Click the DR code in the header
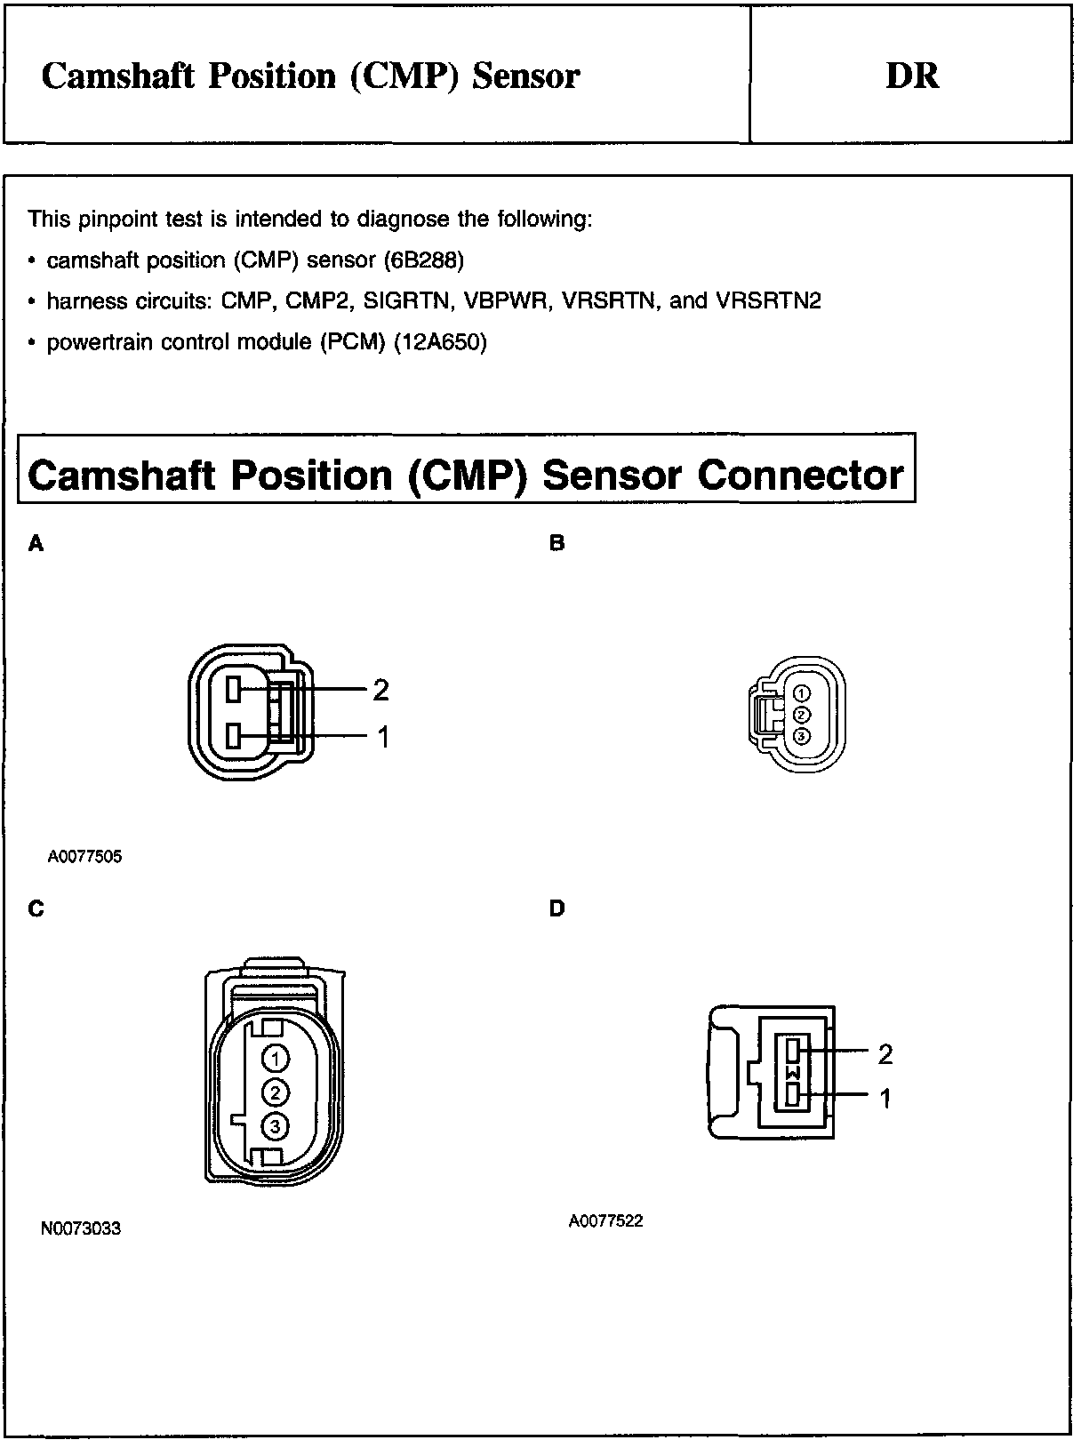click(x=912, y=76)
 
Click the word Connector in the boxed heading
click(x=800, y=475)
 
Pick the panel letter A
click(x=36, y=543)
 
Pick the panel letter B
click(x=557, y=543)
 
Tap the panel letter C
click(x=36, y=908)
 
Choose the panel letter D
click(x=557, y=908)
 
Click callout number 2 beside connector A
click(x=380, y=690)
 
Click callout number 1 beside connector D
click(x=885, y=1100)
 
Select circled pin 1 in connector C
click(x=276, y=1058)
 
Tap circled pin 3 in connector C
click(x=276, y=1126)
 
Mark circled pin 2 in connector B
click(x=801, y=715)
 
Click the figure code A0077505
click(x=84, y=857)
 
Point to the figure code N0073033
click(x=81, y=1228)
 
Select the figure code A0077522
click(x=605, y=1220)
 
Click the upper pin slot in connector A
click(x=235, y=689)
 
